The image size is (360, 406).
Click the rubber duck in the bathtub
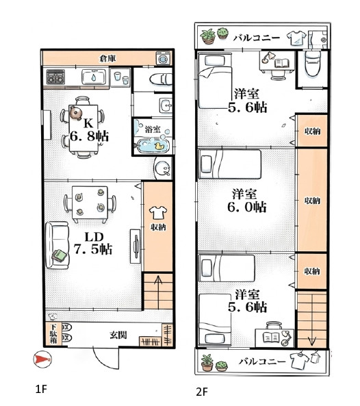pyautogui.click(x=159, y=146)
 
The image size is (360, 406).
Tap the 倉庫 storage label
pyautogui.click(x=107, y=58)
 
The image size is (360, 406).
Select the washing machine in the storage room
pyautogui.click(x=164, y=58)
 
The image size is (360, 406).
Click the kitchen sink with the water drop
pyautogui.click(x=94, y=77)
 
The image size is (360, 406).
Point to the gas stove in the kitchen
pyautogui.click(x=55, y=77)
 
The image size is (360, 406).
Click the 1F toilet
pyautogui.click(x=161, y=79)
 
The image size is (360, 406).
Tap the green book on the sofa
pyautogui.click(x=60, y=255)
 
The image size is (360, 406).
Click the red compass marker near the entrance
pyautogui.click(x=42, y=359)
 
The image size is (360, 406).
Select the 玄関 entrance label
pyautogui.click(x=118, y=335)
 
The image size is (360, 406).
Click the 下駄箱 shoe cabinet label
pyautogui.click(x=53, y=333)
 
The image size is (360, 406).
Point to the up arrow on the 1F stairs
pyautogui.click(x=158, y=292)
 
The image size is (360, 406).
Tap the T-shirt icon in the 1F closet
pyautogui.click(x=158, y=212)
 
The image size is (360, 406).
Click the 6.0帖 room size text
pyautogui.click(x=247, y=207)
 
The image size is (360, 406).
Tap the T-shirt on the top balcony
pyautogui.click(x=296, y=38)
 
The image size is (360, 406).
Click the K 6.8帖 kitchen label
pyautogui.click(x=89, y=129)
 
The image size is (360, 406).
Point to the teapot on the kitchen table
pyautogui.click(x=75, y=113)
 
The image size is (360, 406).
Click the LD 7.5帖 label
pyautogui.click(x=93, y=243)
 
